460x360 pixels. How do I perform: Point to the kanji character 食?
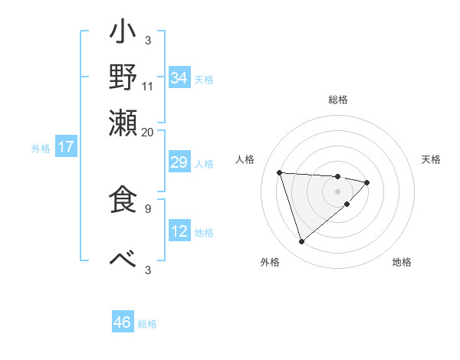point(123,198)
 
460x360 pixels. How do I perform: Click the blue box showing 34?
point(179,78)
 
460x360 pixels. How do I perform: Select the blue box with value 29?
point(179,163)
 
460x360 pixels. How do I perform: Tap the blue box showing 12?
point(179,231)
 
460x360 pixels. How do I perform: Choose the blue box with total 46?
point(123,322)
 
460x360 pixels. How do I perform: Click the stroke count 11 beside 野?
point(148,86)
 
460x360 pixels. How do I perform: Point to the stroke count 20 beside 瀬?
point(148,131)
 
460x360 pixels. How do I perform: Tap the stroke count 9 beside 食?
point(148,207)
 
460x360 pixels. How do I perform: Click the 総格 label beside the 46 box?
point(147,324)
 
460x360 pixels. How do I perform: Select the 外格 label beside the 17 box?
point(41,149)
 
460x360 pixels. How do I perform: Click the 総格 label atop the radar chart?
point(338,100)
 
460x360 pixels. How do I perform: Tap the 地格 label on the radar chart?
point(402,262)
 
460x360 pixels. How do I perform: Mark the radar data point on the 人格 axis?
point(280,172)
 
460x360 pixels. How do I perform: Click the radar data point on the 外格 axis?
point(302,242)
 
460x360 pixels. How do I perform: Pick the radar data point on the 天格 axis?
point(367,182)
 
